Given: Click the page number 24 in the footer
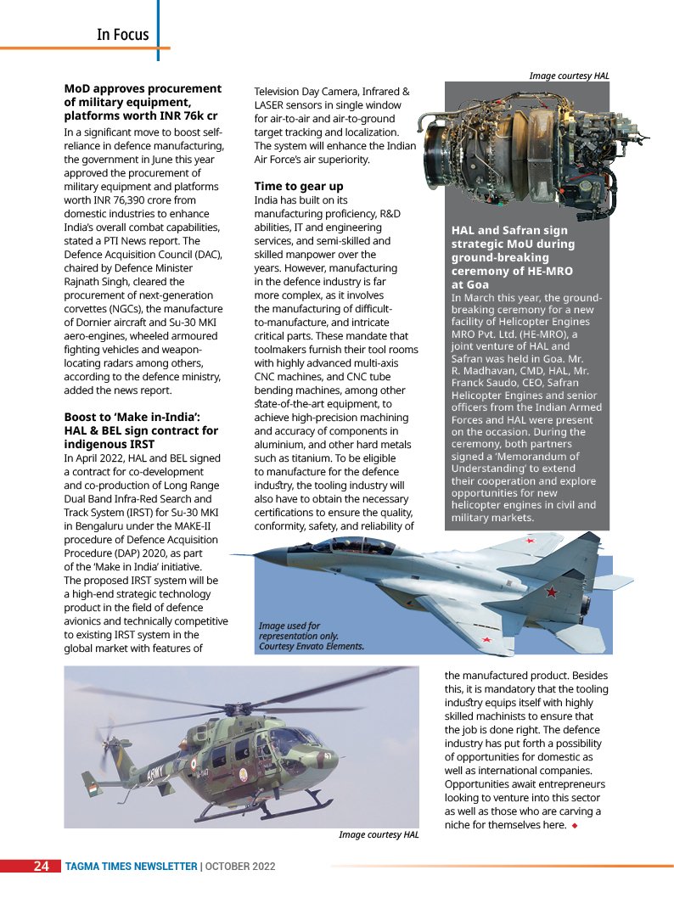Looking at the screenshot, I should point(41,867).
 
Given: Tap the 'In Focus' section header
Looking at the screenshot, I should point(122,35).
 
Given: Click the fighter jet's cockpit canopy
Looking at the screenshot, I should point(340,546).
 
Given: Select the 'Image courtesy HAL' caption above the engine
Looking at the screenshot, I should point(569,76).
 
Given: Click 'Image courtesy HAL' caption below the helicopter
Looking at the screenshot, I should point(379,835).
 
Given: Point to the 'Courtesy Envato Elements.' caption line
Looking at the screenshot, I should point(311,647).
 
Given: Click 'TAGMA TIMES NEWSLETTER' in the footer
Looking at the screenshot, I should point(131,867).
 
